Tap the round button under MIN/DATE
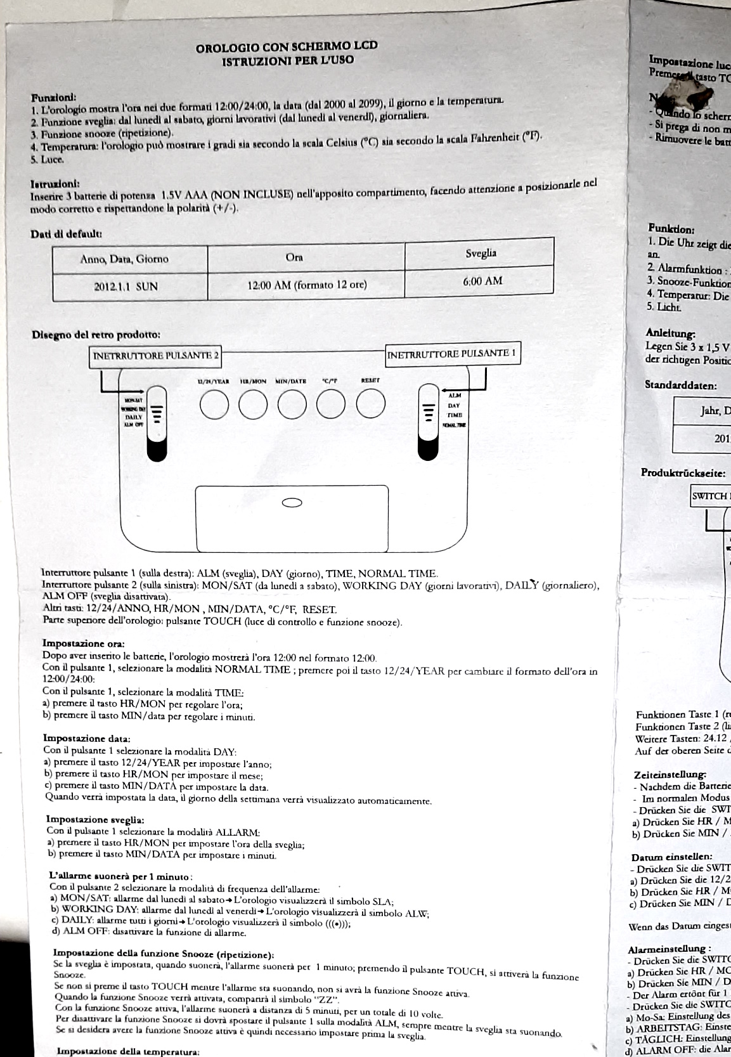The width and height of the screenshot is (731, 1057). tap(292, 405)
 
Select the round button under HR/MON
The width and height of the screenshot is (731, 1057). tap(253, 404)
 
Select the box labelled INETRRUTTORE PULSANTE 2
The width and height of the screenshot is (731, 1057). tap(156, 356)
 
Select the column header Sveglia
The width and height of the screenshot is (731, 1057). tap(481, 253)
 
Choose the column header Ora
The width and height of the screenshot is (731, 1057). tap(294, 257)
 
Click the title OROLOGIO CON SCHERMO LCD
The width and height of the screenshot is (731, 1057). tap(287, 46)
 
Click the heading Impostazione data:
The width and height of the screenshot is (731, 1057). tap(87, 738)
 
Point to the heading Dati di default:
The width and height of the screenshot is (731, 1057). tap(67, 234)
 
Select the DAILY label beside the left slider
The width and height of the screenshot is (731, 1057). tap(134, 417)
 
